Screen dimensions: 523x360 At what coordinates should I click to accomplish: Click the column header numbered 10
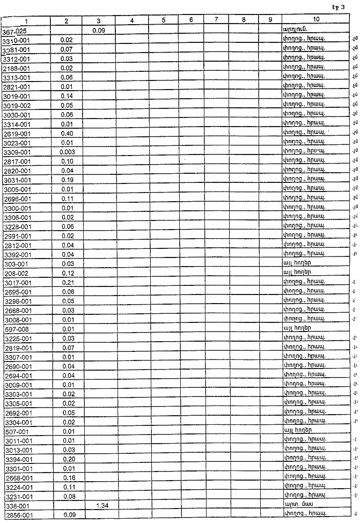(x=316, y=20)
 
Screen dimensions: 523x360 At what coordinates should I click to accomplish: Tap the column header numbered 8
(x=243, y=20)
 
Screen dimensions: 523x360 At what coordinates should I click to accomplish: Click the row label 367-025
(x=14, y=31)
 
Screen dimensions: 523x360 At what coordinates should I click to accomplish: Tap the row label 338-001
(x=15, y=506)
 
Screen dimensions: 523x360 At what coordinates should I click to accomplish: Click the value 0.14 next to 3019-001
(x=67, y=96)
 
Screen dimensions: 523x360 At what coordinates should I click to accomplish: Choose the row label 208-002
(x=15, y=273)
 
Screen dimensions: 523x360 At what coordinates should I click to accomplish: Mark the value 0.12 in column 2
(x=67, y=273)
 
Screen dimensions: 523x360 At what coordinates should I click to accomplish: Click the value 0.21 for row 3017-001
(x=67, y=282)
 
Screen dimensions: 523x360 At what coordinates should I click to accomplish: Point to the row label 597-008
(x=15, y=329)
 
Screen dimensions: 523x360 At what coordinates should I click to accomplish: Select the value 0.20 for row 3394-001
(x=67, y=459)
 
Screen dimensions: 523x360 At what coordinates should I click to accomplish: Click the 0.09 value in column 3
(x=98, y=31)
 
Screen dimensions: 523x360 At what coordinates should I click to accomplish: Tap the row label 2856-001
(x=17, y=515)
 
